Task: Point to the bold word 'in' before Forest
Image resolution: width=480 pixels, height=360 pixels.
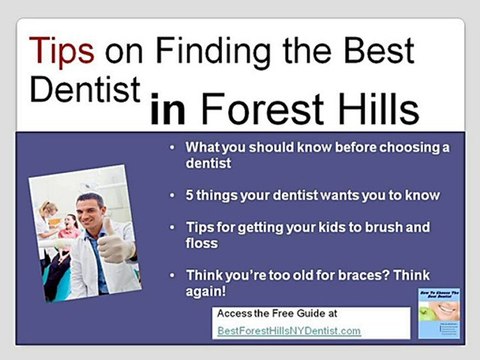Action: point(171,104)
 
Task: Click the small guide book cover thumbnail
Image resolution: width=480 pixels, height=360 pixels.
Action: point(437,313)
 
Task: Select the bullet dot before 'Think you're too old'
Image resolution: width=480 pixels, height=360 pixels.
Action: point(177,274)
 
